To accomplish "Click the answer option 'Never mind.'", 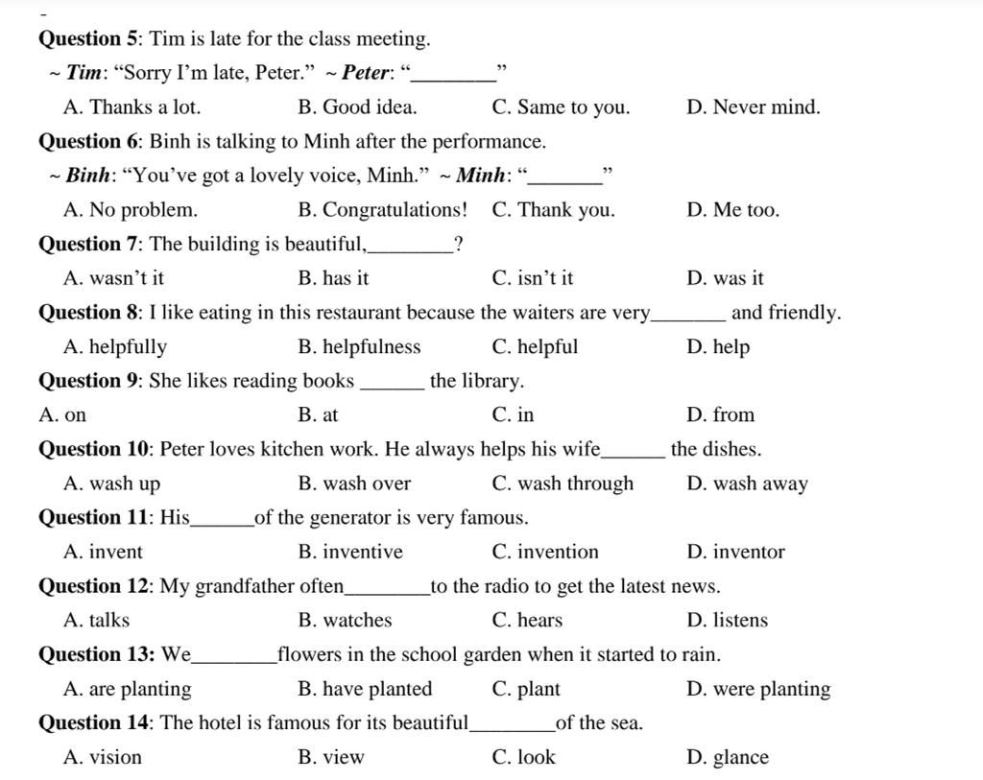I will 754,107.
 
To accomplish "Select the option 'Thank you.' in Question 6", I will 553,210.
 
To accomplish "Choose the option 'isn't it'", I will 533,279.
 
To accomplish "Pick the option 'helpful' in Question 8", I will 535,347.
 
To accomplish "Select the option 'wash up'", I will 111,484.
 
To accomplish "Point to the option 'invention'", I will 544,552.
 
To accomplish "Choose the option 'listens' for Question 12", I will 728,621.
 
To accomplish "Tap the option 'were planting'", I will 758,689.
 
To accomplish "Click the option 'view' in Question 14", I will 331,758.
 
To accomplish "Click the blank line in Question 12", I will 387,592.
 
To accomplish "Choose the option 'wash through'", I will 563,484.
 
